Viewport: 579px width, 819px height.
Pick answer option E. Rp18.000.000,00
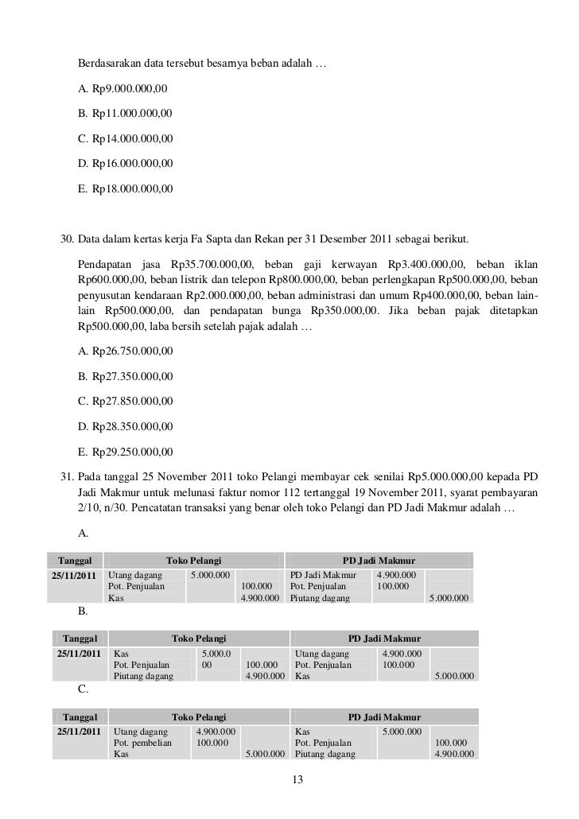coord(126,190)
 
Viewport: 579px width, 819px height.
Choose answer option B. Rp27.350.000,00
coord(126,376)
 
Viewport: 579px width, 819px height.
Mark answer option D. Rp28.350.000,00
coord(126,427)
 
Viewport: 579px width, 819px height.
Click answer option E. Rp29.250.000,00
coord(126,453)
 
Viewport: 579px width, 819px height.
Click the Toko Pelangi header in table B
coord(200,638)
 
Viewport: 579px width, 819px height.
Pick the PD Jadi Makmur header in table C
coord(385,716)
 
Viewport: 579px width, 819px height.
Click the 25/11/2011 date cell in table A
coord(74,574)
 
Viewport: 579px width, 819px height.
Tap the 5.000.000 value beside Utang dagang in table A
coord(210,574)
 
